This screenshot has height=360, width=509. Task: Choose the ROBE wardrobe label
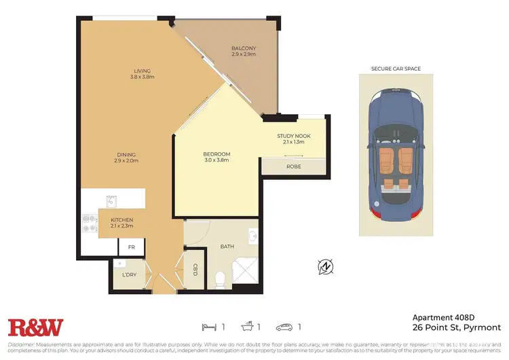pyautogui.click(x=293, y=166)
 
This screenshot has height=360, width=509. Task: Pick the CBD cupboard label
pyautogui.click(x=195, y=270)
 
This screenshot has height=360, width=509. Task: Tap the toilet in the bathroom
pyautogui.click(x=220, y=278)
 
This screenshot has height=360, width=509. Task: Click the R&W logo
pyautogui.click(x=35, y=327)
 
